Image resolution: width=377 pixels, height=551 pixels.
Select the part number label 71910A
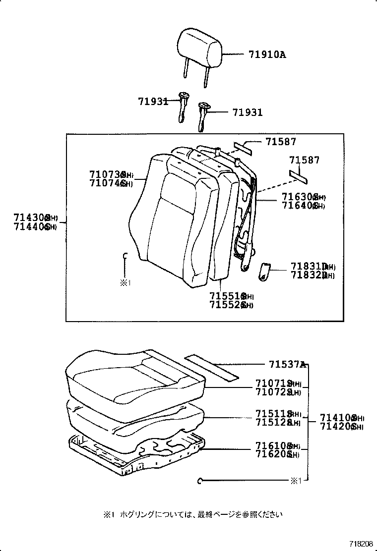264,55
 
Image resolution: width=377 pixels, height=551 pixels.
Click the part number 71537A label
287,365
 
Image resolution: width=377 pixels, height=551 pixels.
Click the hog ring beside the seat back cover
125,256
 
